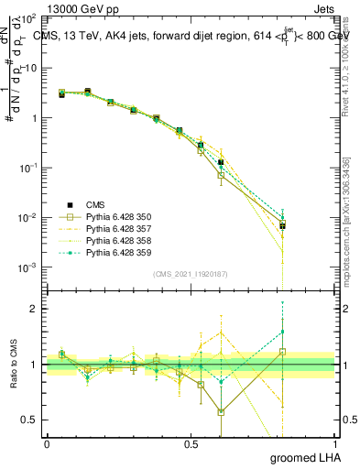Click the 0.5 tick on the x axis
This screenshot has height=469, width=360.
pos(191,444)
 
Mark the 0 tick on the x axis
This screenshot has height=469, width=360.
pos(47,444)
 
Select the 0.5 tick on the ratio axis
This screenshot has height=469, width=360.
pos(29,420)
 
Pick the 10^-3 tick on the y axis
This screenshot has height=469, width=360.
pos(27,267)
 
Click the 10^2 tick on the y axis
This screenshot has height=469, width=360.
pos(27,18)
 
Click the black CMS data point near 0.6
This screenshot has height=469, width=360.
pos(221,162)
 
